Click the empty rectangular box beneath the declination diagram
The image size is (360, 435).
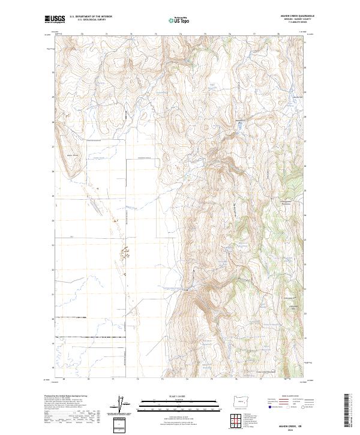tap(119, 423)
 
